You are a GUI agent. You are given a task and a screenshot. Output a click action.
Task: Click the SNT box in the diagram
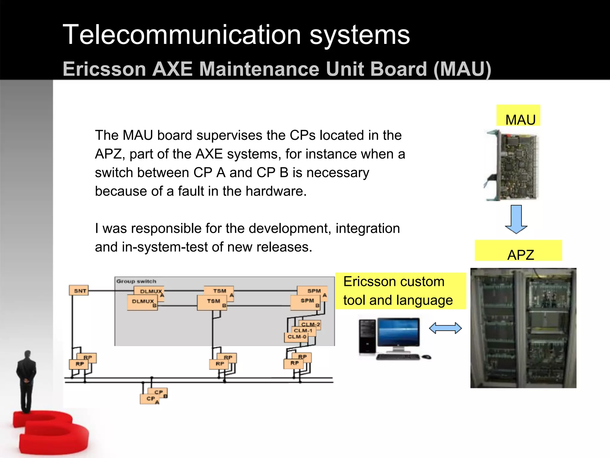[x=79, y=290]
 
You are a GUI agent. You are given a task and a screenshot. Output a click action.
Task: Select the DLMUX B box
[x=142, y=302]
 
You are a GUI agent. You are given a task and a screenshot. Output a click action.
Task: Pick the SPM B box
[x=306, y=302]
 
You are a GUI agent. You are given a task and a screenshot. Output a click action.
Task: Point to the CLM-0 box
[x=296, y=337]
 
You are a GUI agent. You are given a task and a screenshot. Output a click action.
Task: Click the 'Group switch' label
[x=136, y=281]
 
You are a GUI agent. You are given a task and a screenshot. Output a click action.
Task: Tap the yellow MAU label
[x=519, y=116]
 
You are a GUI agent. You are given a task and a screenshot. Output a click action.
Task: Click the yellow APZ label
[x=519, y=251]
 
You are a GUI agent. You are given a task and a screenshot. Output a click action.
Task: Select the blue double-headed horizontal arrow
[x=445, y=328]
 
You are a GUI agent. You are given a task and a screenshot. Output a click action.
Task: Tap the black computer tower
[x=367, y=337]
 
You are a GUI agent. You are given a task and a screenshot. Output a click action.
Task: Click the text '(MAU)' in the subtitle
[x=462, y=69]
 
